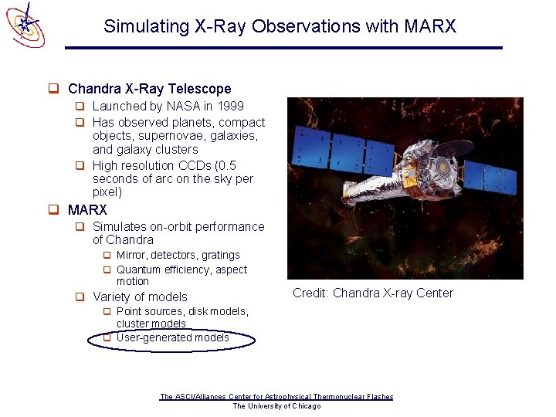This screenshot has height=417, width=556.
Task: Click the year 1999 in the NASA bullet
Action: click(229, 107)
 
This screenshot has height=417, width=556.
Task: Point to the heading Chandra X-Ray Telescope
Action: click(149, 89)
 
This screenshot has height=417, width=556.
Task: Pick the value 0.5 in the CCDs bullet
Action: click(227, 165)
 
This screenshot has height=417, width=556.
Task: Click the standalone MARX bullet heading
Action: click(87, 210)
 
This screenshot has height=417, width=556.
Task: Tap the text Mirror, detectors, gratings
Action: click(178, 255)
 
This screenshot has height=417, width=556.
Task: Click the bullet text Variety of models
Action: click(140, 297)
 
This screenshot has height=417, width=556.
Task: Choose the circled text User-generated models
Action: click(172, 337)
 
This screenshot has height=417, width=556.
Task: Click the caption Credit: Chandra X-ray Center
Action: click(372, 293)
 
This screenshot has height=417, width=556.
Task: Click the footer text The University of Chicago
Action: click(276, 406)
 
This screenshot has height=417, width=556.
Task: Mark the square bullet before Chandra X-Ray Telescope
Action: click(54, 89)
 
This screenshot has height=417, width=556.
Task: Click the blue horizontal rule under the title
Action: click(283, 48)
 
